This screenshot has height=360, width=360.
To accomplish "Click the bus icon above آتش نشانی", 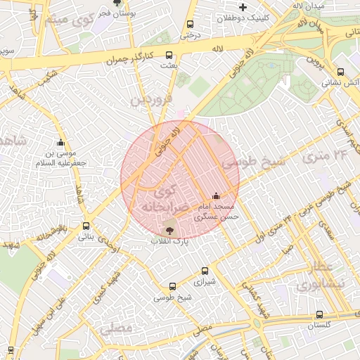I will pyautogui.click(x=341, y=71).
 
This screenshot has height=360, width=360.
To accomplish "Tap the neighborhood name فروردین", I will pyautogui.click(x=150, y=101).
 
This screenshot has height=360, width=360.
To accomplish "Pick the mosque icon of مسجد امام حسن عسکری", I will pyautogui.click(x=216, y=196).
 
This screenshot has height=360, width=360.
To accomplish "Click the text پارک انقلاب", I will pyautogui.click(x=169, y=241).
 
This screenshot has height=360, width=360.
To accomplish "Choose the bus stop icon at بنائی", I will pyautogui.click(x=86, y=226).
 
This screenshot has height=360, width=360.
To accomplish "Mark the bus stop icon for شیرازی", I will pyautogui.click(x=205, y=270).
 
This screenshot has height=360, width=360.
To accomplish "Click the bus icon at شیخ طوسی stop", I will pyautogui.click(x=173, y=286).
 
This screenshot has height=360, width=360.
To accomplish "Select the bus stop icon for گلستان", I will pyautogui.click(x=320, y=314).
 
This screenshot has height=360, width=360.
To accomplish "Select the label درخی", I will pyautogui.click(x=190, y=33).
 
